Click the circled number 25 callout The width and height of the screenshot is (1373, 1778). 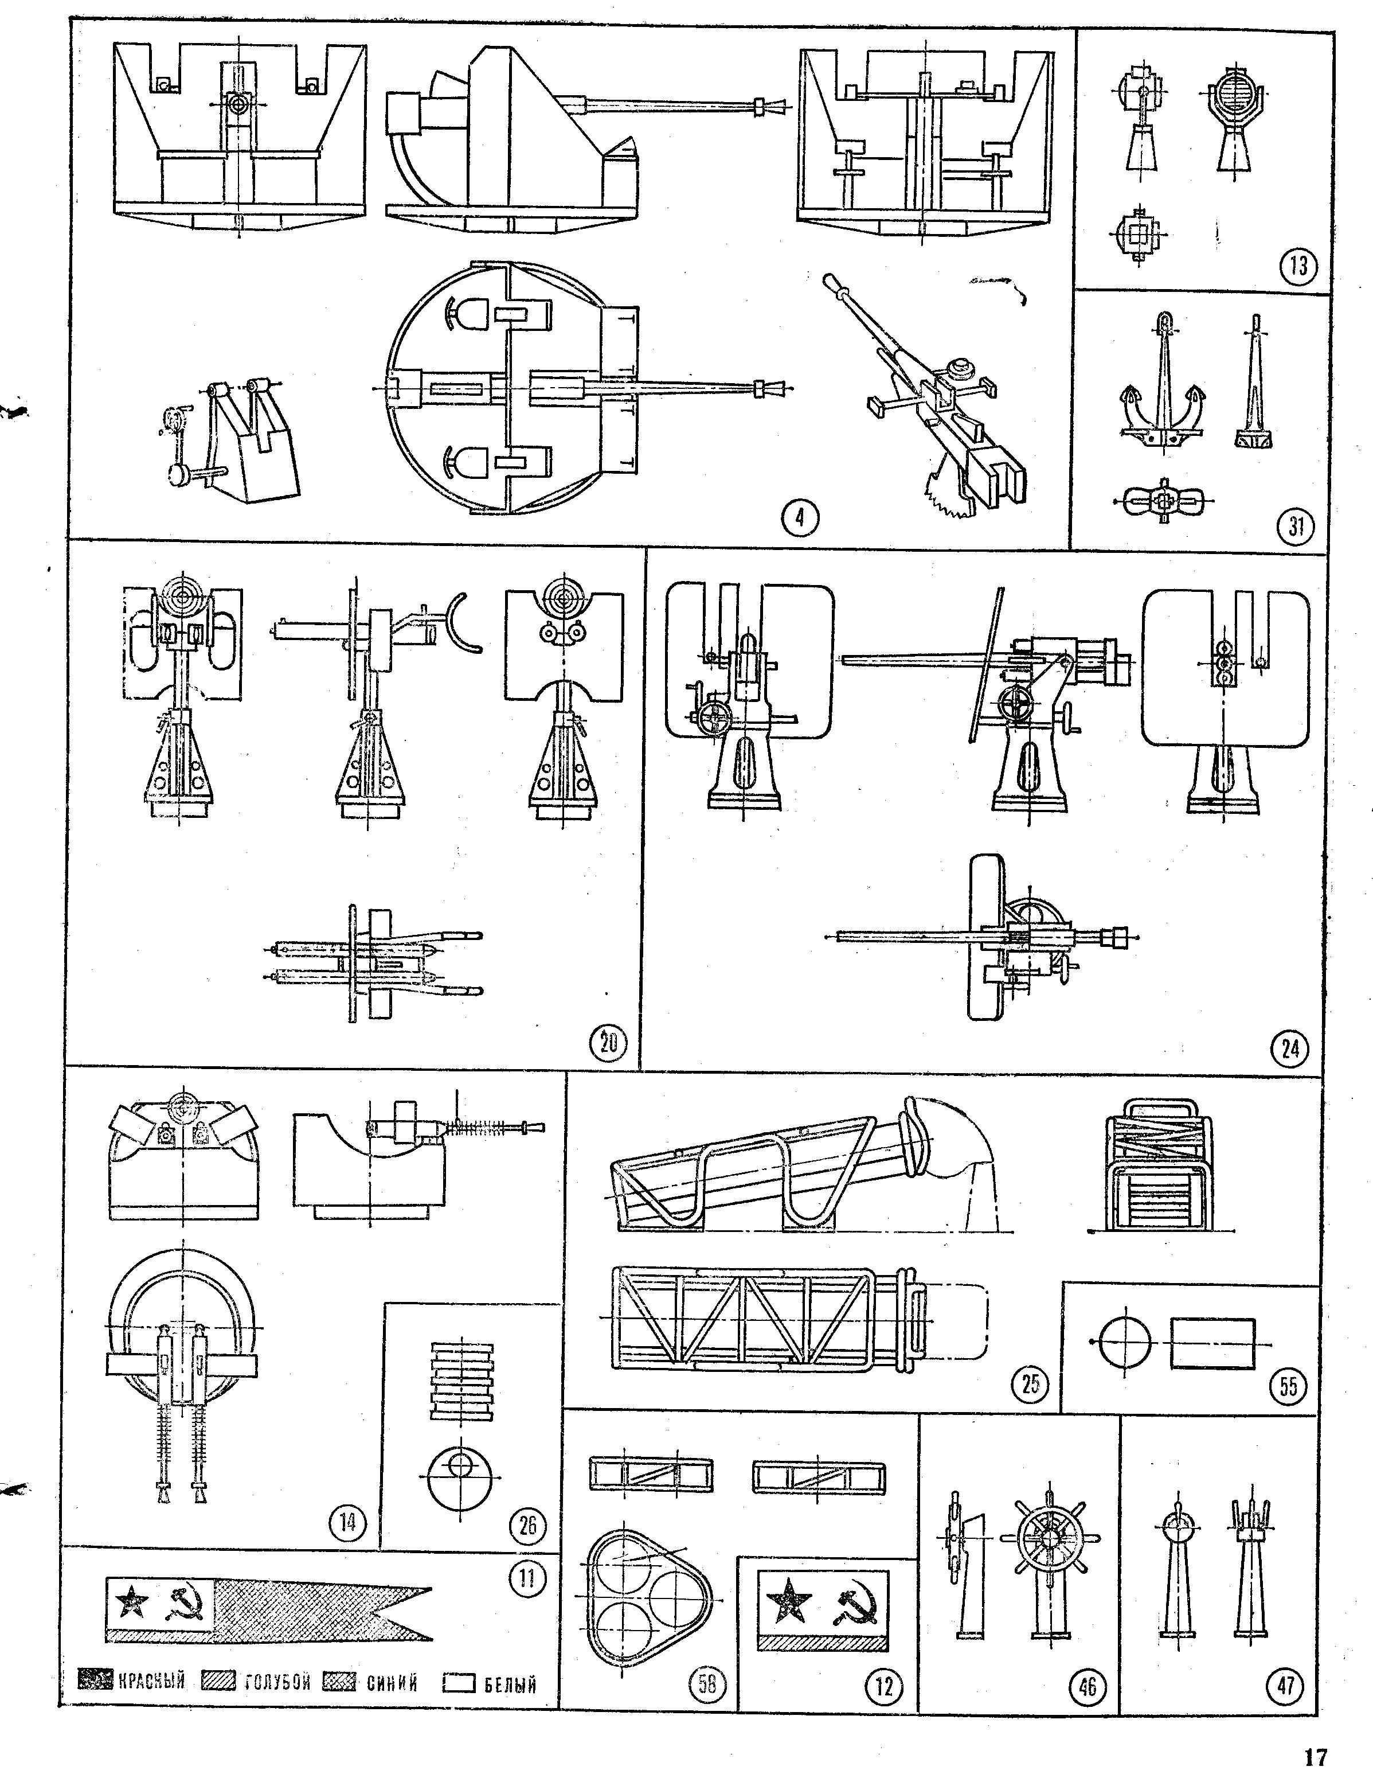[x=1030, y=1383]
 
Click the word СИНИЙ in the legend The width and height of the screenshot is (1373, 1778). [x=392, y=1683]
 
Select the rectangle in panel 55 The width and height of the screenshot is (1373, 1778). [x=1212, y=1343]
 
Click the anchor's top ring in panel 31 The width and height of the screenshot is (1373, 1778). [x=1165, y=320]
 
